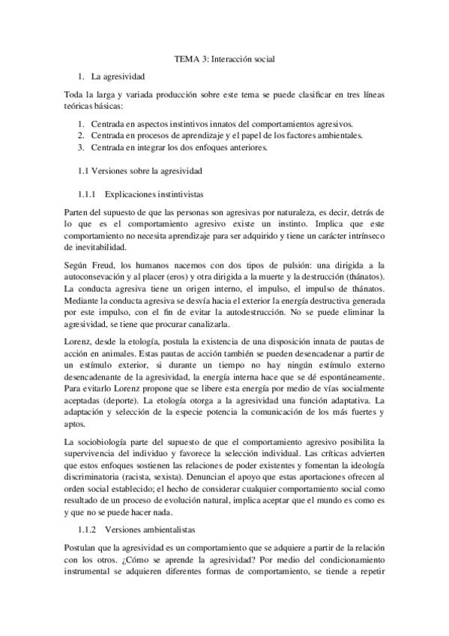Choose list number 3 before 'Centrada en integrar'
pyautogui.click(x=81, y=147)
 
